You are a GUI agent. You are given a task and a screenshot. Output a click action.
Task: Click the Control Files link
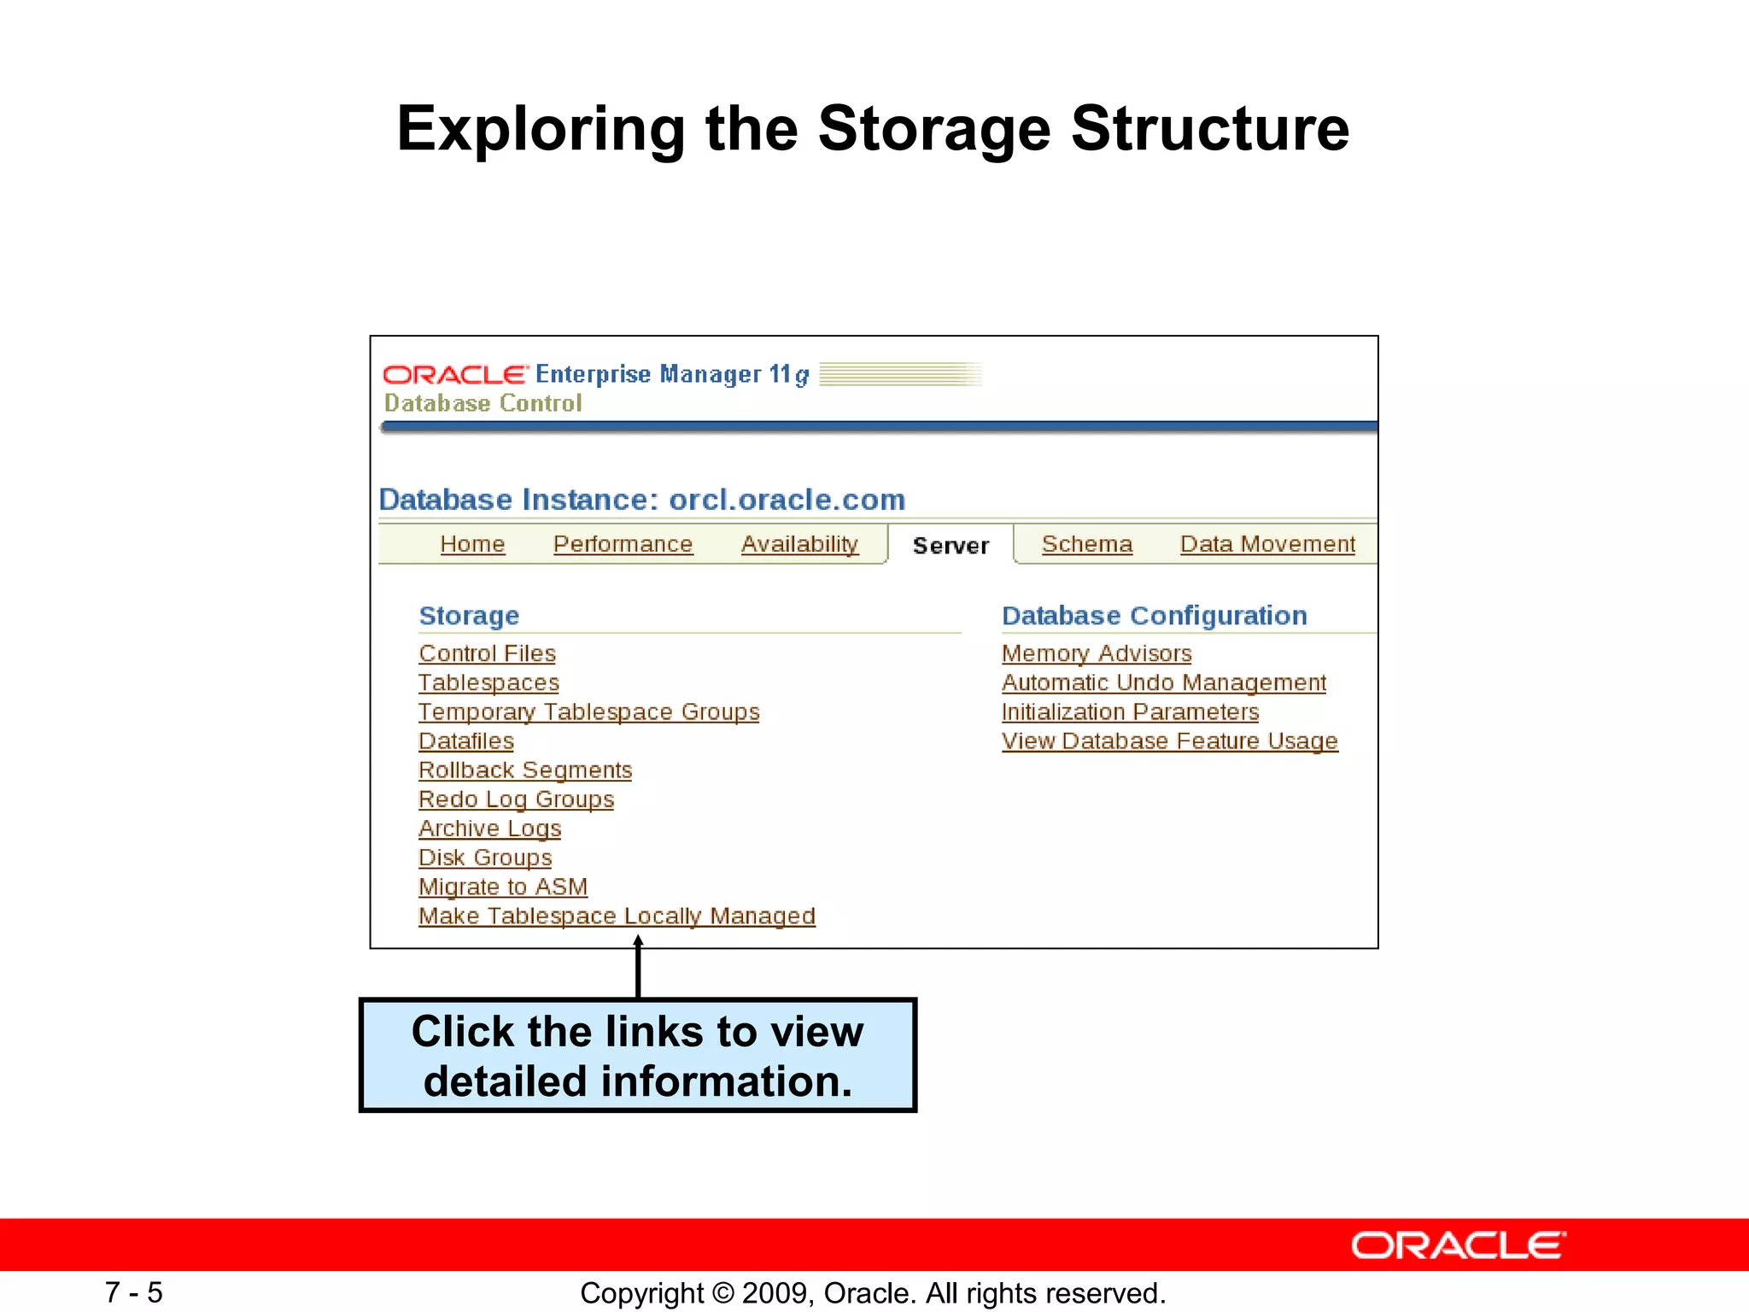487,653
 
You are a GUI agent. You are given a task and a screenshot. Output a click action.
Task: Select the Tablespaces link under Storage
488,682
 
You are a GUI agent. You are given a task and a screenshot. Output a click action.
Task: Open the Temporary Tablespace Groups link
588,712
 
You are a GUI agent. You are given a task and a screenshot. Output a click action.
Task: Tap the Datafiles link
466,741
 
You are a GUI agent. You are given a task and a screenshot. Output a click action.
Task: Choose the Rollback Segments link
525,770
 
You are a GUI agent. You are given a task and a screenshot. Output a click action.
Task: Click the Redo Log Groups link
516,799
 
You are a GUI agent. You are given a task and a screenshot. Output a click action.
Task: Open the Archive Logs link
489,829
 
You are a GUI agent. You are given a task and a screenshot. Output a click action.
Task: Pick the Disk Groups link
485,858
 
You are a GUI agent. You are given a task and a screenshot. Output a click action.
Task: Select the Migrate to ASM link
503,887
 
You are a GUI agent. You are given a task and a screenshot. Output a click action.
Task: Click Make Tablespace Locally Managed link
617,916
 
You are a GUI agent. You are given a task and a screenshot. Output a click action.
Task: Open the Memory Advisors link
1097,653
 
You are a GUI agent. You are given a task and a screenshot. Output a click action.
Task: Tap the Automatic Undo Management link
1164,682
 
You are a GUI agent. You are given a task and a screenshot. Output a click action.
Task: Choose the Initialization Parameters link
1130,712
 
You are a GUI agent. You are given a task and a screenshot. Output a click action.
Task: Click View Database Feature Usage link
1170,741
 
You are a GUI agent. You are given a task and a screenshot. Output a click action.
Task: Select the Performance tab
623,544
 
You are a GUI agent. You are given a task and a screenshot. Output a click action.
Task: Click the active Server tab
951,545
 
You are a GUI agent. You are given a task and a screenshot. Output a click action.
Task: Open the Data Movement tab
1267,544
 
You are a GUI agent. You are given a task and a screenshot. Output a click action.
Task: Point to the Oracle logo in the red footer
1459,1245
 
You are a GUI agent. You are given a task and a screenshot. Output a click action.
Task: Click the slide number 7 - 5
133,1292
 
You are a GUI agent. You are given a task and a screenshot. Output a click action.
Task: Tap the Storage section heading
469,615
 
